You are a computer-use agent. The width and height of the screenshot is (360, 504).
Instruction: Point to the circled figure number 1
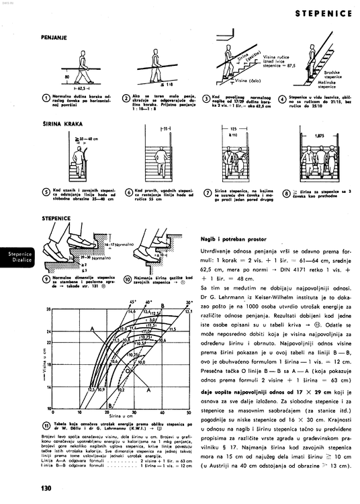[x=45, y=97]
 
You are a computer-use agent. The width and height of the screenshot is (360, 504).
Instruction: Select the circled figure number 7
[x=208, y=194]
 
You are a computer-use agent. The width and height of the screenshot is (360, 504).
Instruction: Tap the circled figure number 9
[x=46, y=279]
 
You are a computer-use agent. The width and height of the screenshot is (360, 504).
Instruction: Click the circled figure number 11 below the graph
[x=45, y=426]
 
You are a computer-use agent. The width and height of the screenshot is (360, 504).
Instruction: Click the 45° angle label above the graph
[x=132, y=302]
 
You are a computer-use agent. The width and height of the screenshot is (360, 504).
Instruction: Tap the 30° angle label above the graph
[x=189, y=302]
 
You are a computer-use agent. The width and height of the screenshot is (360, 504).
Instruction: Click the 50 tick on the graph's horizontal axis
[x=189, y=412]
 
